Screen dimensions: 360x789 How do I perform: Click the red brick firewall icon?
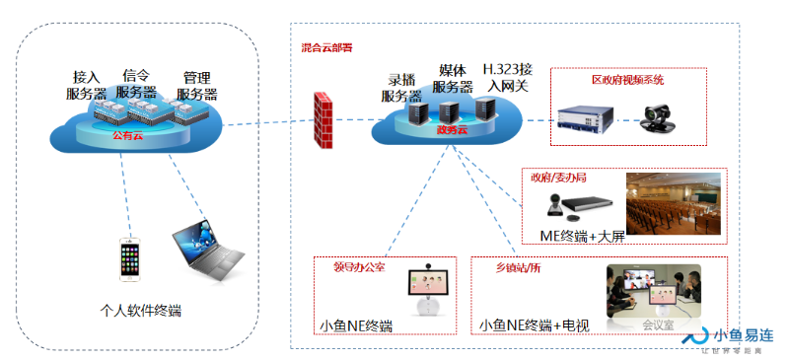(322, 120)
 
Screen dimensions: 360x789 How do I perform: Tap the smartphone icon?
(128, 260)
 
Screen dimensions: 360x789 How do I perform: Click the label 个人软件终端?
(134, 312)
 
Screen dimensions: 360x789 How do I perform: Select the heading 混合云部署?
(328, 47)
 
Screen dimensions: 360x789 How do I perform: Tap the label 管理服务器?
(197, 86)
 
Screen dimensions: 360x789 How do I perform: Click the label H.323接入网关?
(507, 78)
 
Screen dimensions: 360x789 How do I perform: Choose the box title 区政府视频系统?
(627, 79)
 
